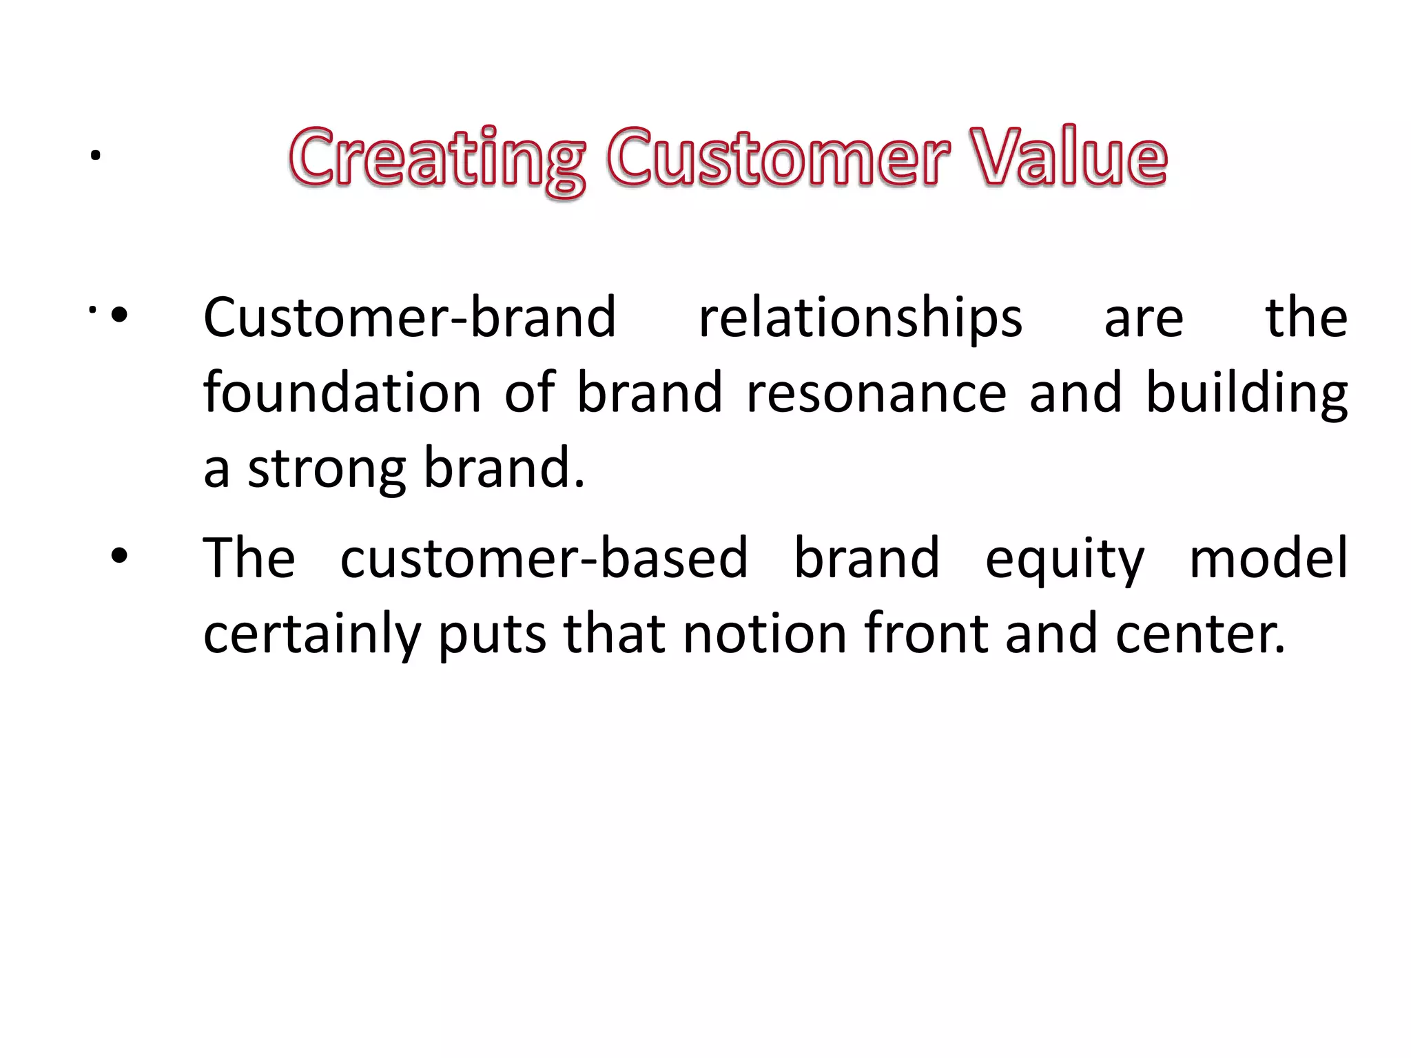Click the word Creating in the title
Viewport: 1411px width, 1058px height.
(x=437, y=158)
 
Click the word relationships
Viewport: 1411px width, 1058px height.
(x=861, y=318)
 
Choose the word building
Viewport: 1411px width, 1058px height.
(x=1246, y=394)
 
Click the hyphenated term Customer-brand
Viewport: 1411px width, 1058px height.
(x=409, y=318)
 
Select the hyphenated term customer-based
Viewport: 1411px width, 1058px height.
(x=544, y=558)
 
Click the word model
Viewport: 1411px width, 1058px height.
(x=1268, y=558)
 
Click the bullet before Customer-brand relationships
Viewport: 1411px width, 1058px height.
(x=119, y=315)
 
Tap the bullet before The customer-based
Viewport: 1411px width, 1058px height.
(x=119, y=556)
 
